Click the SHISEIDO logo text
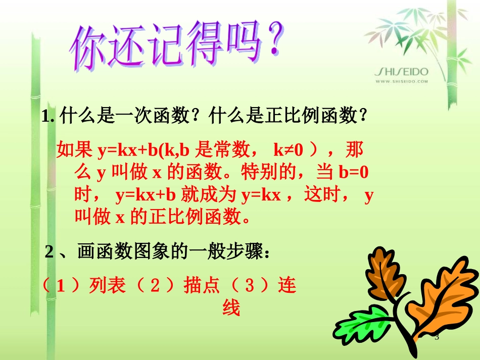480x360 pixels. coord(401,72)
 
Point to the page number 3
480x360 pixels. coord(437,337)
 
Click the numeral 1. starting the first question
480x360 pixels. coord(49,118)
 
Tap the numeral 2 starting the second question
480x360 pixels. coord(49,252)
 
